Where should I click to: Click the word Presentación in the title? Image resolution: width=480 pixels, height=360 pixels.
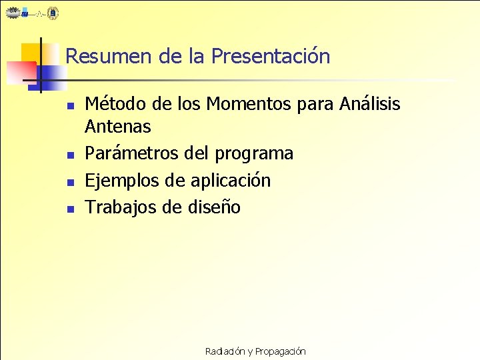pyautogui.click(x=270, y=56)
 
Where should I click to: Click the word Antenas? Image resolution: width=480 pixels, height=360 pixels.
pyautogui.click(x=118, y=126)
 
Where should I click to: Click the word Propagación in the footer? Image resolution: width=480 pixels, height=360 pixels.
pyautogui.click(x=280, y=351)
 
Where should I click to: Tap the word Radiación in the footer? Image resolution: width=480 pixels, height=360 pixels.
pyautogui.click(x=225, y=351)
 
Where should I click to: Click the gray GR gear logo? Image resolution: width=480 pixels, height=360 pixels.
pyautogui.click(x=13, y=12)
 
